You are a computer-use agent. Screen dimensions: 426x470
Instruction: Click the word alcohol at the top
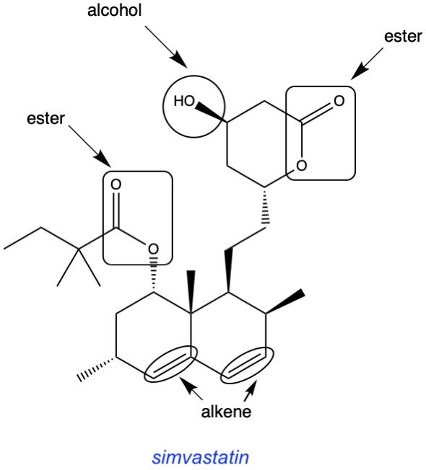pyautogui.click(x=114, y=11)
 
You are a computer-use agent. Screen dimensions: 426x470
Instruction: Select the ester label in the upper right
pyautogui.click(x=403, y=37)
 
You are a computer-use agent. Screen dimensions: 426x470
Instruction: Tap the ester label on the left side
pyautogui.click(x=45, y=118)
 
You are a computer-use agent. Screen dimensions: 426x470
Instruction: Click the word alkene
pyautogui.click(x=226, y=412)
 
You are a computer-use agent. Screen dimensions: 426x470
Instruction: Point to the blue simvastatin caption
pyautogui.click(x=200, y=458)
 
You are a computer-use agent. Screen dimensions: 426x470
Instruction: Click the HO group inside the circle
pyautogui.click(x=184, y=101)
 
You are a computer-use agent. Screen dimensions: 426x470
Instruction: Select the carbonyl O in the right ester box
pyautogui.click(x=339, y=101)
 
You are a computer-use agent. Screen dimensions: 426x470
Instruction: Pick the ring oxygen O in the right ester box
pyautogui.click(x=301, y=166)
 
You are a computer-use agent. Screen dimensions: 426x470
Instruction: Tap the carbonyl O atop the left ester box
pyautogui.click(x=116, y=185)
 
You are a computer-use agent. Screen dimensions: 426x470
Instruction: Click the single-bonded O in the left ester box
pyautogui.click(x=153, y=249)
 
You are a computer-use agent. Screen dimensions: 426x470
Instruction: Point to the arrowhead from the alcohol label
pyautogui.click(x=179, y=60)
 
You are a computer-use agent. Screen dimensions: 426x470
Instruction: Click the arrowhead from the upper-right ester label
pyautogui.click(x=358, y=72)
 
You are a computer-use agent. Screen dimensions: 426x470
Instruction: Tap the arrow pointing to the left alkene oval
pyautogui.click(x=191, y=388)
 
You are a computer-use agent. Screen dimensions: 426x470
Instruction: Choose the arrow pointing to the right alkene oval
pyautogui.click(x=250, y=390)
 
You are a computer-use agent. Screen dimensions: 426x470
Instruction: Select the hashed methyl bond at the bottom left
pyautogui.click(x=96, y=369)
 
